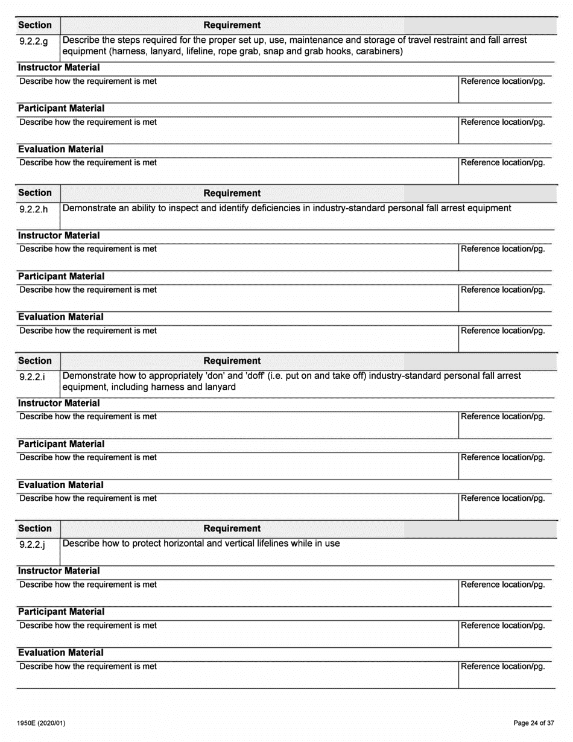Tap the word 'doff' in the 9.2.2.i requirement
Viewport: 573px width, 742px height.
click(x=260, y=376)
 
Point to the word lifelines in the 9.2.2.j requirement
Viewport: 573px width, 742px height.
click(x=265, y=543)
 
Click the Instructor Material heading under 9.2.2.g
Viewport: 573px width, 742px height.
click(x=59, y=68)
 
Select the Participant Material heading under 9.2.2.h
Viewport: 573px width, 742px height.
click(x=61, y=276)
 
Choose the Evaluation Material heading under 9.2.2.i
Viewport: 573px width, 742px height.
click(x=60, y=485)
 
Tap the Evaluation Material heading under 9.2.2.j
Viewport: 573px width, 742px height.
click(x=60, y=653)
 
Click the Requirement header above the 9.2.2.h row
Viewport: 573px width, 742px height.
click(x=232, y=193)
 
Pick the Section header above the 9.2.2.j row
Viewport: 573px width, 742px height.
click(x=35, y=528)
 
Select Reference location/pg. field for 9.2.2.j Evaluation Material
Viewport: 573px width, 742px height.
click(x=505, y=673)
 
